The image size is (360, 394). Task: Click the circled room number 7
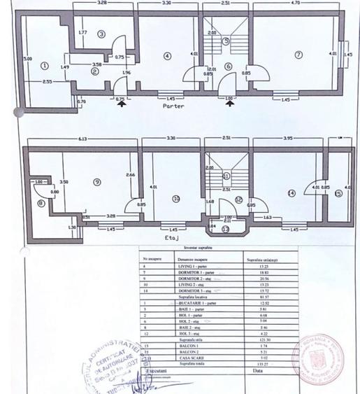pos(298,55)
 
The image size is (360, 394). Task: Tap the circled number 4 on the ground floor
pos(166,55)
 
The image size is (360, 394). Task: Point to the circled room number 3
pos(101,34)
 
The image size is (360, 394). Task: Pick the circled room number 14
pos(291,192)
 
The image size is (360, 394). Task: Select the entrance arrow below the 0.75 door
pos(122,106)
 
